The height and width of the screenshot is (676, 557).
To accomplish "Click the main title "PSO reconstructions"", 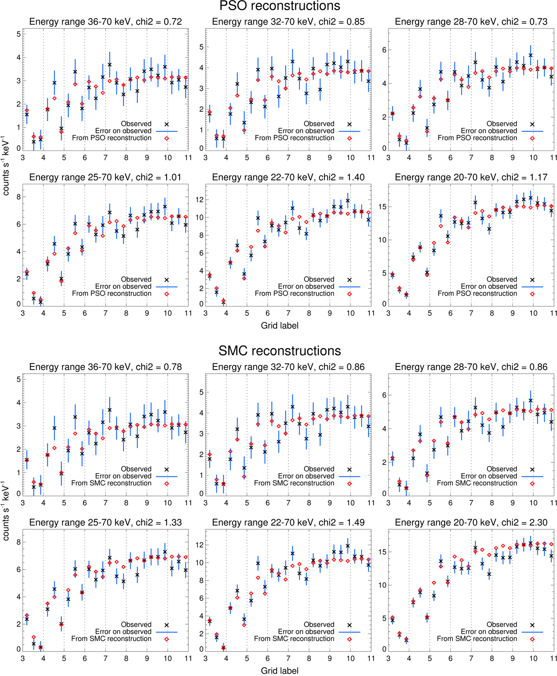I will tap(279, 6).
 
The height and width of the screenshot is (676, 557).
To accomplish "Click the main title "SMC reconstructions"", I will tap(279, 351).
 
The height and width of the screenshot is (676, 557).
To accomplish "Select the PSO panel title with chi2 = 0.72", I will tap(105, 22).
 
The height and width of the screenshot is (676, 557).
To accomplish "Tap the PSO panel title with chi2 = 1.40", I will tap(288, 177).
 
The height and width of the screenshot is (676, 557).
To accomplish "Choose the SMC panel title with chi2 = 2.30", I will tap(471, 523).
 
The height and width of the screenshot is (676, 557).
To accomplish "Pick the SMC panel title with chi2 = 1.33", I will tap(105, 523).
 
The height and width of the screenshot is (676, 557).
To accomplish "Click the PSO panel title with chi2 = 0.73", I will tap(471, 22).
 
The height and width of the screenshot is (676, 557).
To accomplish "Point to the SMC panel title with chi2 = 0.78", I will tap(105, 367).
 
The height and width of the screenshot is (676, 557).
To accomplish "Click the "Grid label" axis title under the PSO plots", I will tap(279, 326).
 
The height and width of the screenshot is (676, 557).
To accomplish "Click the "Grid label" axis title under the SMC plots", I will tap(279, 671).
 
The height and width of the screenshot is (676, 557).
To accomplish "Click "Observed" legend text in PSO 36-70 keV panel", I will tap(136, 124).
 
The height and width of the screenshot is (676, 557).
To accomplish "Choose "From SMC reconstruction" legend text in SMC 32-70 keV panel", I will tap(294, 483).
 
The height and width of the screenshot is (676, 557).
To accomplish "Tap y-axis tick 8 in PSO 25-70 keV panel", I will tap(18, 197).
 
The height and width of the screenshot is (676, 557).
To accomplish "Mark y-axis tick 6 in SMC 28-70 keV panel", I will tap(383, 396).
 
